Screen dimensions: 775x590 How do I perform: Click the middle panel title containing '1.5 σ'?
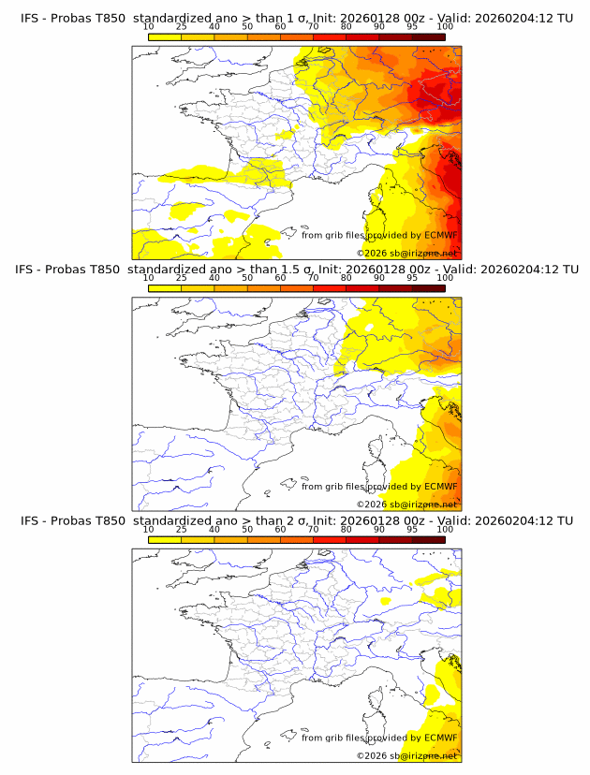click(296, 270)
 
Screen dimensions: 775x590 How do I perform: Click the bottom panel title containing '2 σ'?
click(296, 520)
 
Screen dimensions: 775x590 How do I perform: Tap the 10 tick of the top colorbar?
click(149, 26)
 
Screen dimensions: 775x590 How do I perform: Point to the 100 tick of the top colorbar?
click(445, 26)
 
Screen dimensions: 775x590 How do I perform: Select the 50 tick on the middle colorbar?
click(247, 278)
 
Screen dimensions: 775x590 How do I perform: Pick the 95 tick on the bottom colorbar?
click(412, 529)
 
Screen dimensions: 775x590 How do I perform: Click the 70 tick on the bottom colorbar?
click(313, 529)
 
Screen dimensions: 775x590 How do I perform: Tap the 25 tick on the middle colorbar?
click(181, 278)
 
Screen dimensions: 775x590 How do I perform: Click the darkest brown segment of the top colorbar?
click(428, 37)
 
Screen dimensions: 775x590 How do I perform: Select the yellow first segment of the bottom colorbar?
click(165, 539)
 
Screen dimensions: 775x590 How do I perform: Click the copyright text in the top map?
click(407, 253)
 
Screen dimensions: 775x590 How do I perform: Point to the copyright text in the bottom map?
click(407, 755)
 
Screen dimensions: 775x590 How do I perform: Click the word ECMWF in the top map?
click(441, 235)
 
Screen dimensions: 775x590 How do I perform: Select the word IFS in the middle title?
click(30, 270)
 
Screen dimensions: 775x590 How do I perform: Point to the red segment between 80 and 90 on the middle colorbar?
click(362, 288)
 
